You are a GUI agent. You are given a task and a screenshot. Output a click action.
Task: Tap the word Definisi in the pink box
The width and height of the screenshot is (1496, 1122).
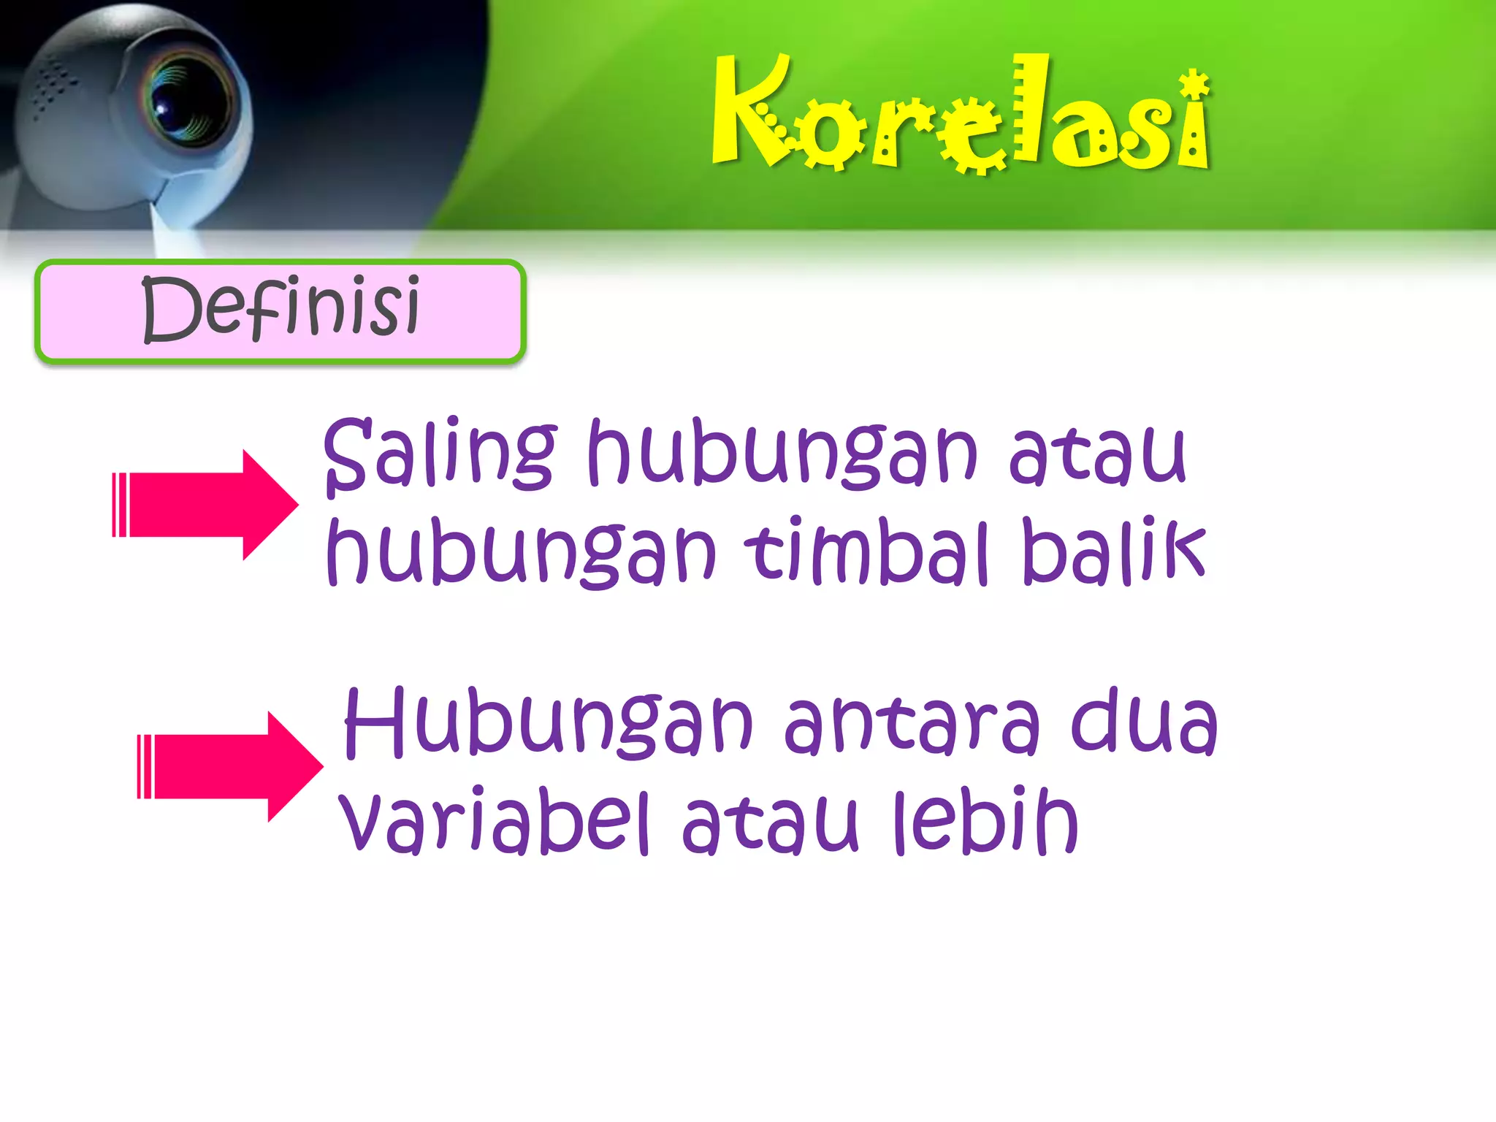point(280,308)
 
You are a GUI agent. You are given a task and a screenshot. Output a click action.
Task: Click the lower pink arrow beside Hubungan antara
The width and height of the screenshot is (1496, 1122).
point(231,766)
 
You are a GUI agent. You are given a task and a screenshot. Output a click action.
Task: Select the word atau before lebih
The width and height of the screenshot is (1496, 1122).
point(770,822)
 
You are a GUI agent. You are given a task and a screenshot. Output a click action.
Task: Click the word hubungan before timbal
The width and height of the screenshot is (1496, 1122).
point(522,552)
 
